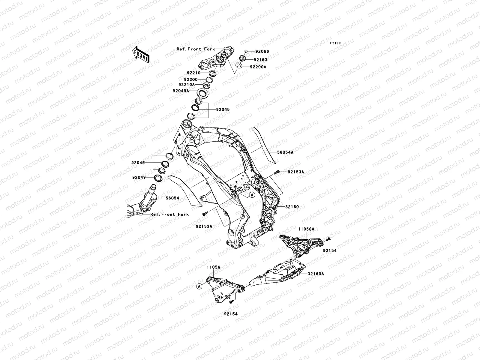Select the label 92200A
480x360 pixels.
[x=258, y=67]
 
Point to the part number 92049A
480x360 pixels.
[x=181, y=91]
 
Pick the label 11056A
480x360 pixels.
[x=306, y=229]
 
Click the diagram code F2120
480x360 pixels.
[x=335, y=43]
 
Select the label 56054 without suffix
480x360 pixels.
[x=172, y=198]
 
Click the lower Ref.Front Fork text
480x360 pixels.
[x=169, y=214]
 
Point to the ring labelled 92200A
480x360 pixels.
[x=239, y=66]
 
